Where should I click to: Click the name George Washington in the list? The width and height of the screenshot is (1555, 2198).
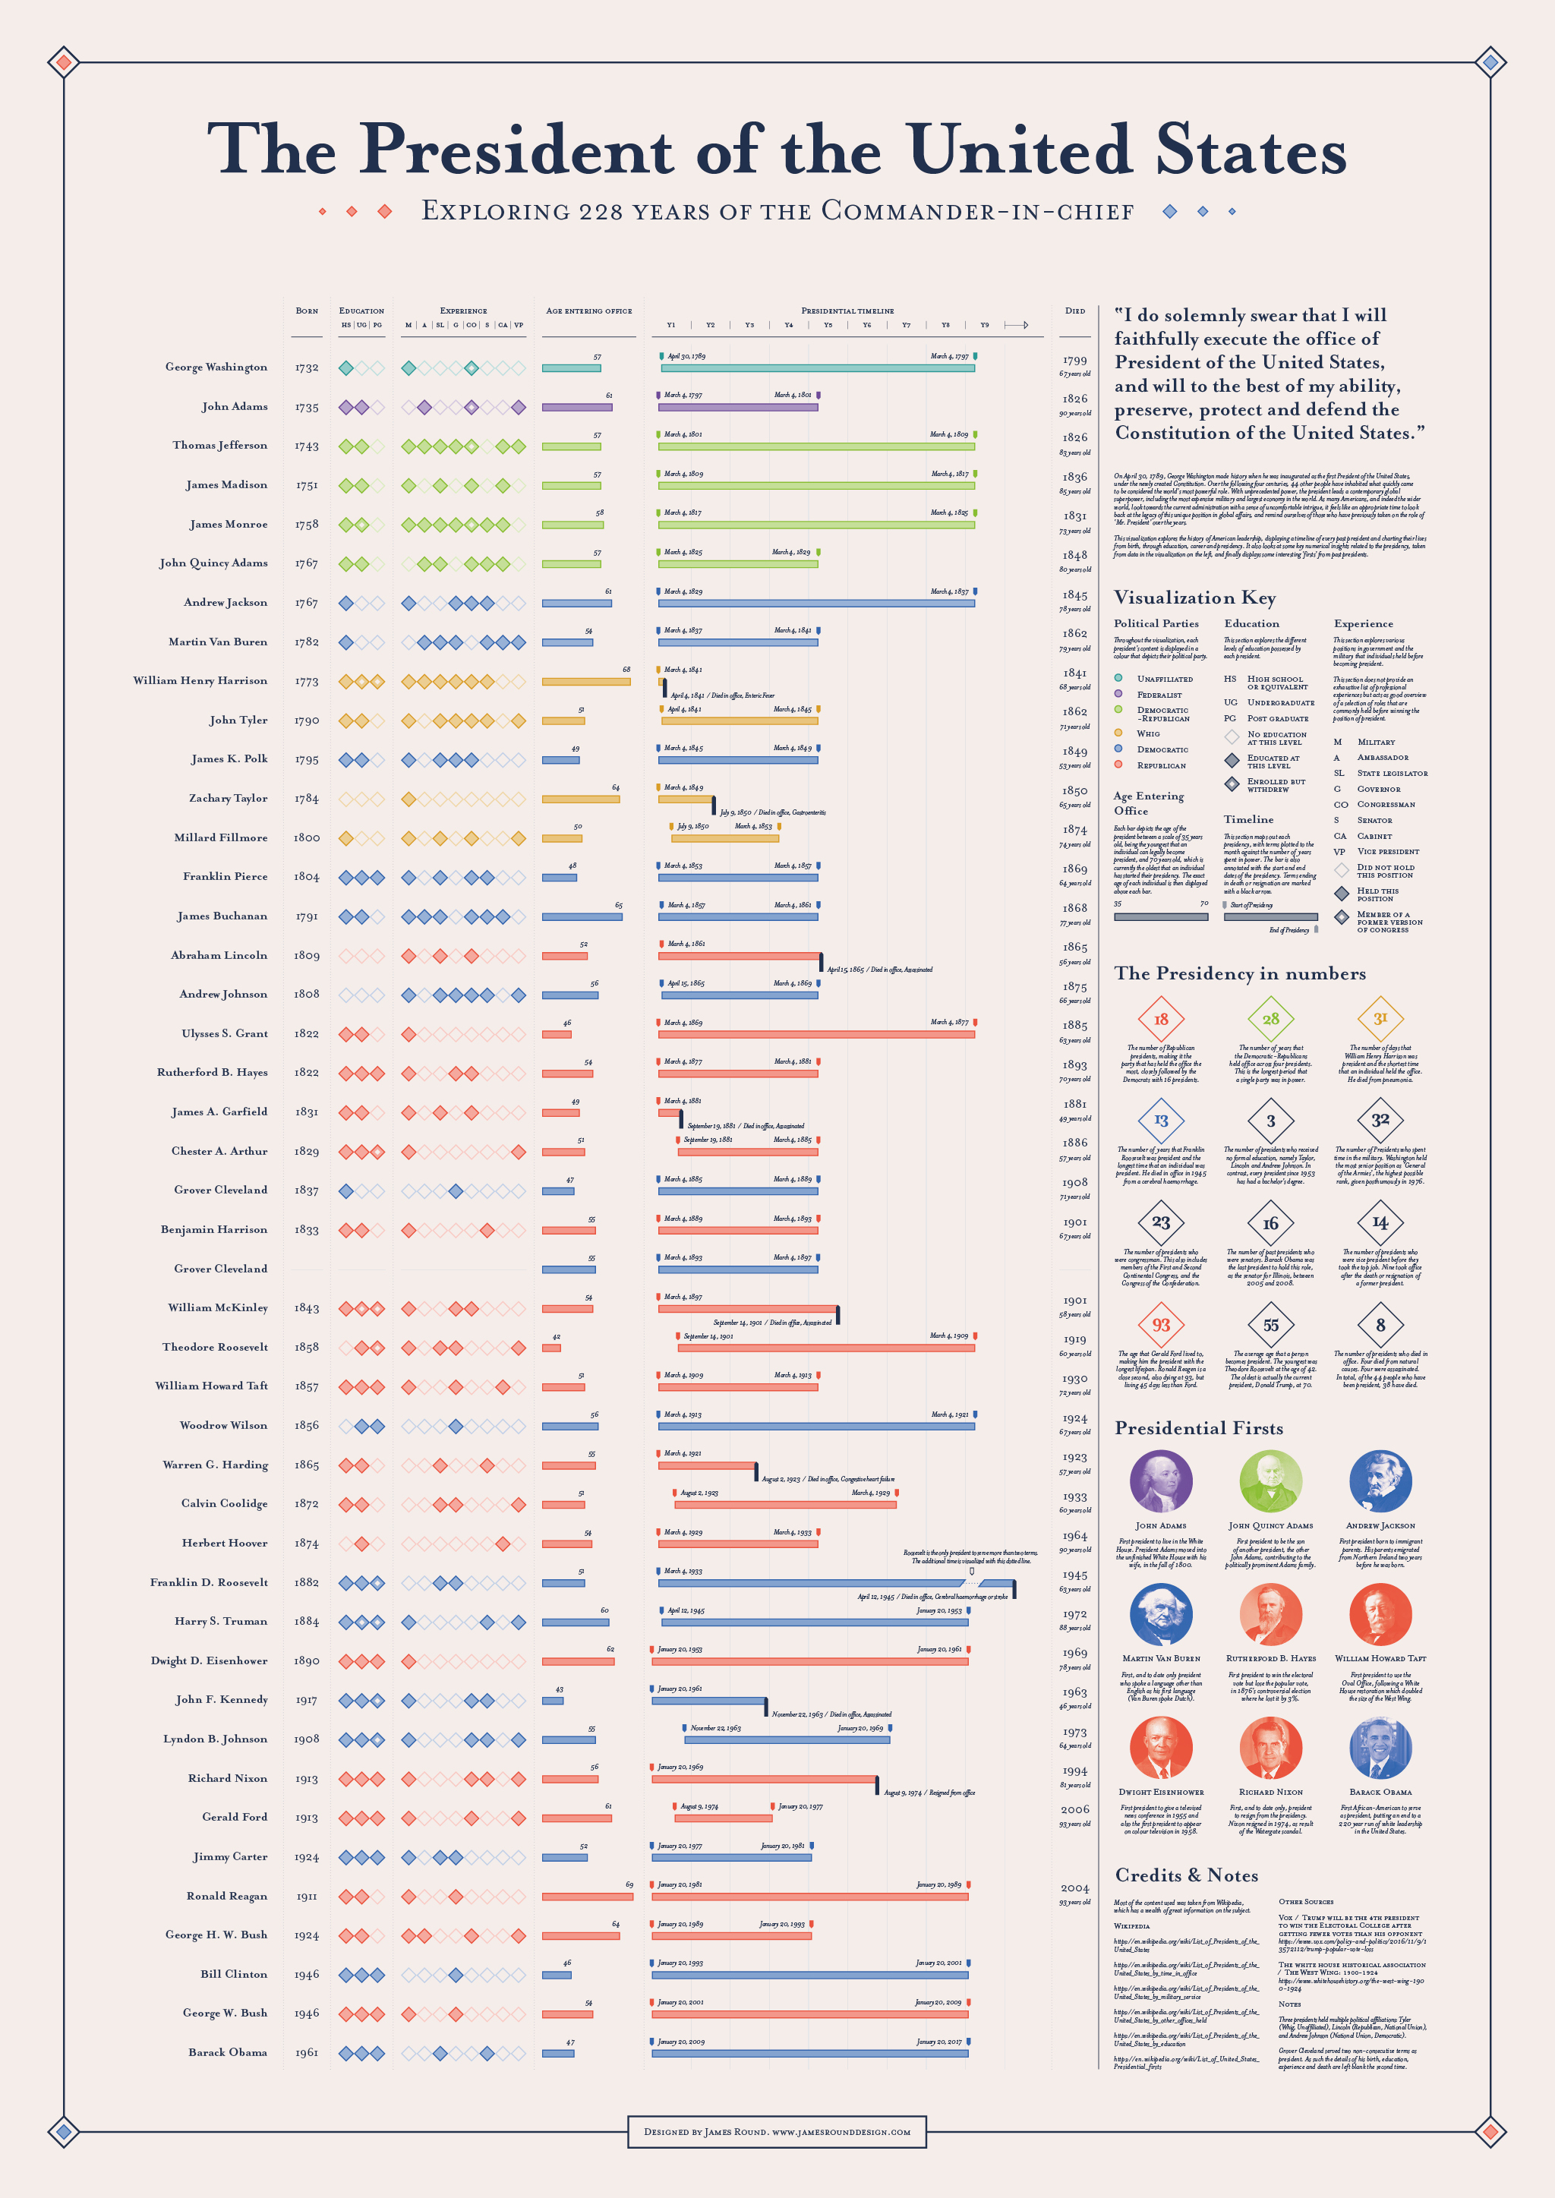tap(216, 367)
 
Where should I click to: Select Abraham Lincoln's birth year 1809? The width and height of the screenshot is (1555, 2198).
tap(307, 955)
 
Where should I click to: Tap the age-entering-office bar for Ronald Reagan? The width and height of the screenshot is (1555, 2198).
tap(587, 1897)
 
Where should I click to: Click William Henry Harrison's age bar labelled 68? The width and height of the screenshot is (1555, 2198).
tap(585, 682)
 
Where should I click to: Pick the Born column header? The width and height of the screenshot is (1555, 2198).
tap(307, 311)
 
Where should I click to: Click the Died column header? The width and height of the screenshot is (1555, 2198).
tap(1074, 311)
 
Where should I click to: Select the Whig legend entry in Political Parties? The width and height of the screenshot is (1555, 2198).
tap(1148, 733)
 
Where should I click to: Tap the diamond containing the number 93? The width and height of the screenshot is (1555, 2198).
tap(1160, 1325)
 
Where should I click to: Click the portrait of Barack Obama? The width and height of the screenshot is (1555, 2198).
tap(1380, 1747)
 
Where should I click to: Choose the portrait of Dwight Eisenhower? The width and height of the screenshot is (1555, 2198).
tap(1160, 1747)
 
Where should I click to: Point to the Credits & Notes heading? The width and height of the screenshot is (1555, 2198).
tap(1185, 1875)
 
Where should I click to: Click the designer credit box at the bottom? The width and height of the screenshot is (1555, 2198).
tap(777, 2132)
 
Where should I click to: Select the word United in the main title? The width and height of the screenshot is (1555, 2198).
tap(1019, 150)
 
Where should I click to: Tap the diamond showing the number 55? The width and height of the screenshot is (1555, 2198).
tap(1270, 1325)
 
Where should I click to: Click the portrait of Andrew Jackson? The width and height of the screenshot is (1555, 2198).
tap(1380, 1481)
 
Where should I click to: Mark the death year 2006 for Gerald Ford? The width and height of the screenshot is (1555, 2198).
tap(1074, 1809)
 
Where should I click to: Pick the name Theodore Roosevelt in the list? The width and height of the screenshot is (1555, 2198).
tap(214, 1347)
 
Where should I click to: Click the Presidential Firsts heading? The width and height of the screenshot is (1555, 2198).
tap(1198, 1428)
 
